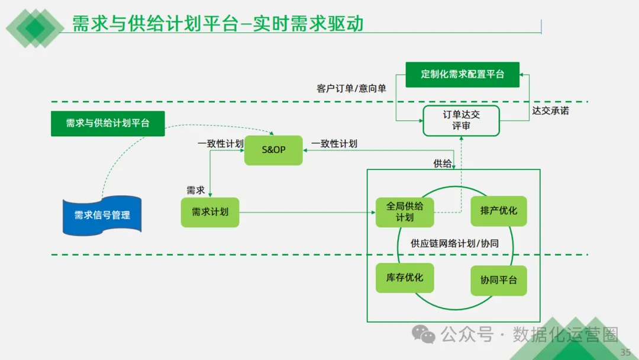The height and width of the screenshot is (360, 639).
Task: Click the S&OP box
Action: pos(273,150)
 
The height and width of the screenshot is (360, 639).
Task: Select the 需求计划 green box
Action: pos(210,212)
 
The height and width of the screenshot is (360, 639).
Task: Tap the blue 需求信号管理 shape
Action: pos(102,215)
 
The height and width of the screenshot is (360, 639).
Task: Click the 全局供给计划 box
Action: pos(405,212)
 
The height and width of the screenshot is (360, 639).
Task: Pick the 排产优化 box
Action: pos(499,211)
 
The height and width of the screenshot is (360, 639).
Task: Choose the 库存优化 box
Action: pos(405,277)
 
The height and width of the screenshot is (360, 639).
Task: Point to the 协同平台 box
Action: pos(499,280)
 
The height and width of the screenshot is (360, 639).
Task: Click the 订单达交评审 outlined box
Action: pos(461,120)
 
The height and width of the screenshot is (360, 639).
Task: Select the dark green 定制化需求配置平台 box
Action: pos(462,75)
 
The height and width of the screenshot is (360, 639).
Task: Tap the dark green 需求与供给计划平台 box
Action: pos(108,123)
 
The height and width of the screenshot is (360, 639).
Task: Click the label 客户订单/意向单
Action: pos(351,88)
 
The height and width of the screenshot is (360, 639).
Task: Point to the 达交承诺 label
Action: pos(550,110)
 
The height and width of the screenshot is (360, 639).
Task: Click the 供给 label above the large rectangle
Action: pos(443,163)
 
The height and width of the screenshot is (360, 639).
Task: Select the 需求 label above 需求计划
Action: pos(196,190)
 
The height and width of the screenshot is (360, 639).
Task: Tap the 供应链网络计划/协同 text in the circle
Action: pos(454,243)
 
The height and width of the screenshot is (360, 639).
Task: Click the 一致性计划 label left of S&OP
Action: pos(220,143)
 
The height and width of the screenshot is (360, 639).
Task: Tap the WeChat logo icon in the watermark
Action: pos(424,335)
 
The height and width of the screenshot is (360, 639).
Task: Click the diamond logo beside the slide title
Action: pos(34,27)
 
